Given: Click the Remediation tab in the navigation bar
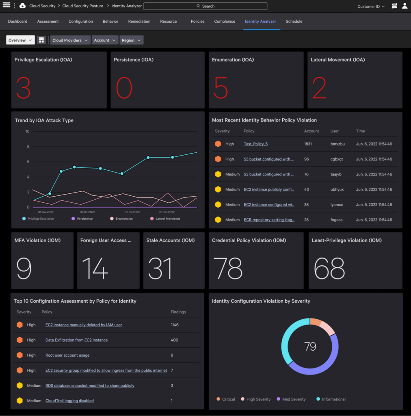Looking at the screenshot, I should coord(139,22).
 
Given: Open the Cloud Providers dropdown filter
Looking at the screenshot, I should coord(69,40).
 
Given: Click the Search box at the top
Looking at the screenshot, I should coord(205,6).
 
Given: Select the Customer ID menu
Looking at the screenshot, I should coord(371,6).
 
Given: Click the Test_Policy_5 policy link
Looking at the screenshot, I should coord(255,144).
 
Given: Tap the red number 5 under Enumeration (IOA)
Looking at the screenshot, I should coord(221,88).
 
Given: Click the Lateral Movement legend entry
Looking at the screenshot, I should coord(165,219).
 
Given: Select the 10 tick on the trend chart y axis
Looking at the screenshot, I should coord(27,131).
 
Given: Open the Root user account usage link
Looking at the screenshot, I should coord(67,355).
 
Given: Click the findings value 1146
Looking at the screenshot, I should coord(175,325).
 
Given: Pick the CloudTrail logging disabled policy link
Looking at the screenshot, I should coord(69,401).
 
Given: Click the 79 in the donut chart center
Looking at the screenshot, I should coord(310,346).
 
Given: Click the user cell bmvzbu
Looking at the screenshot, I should coord(337,144).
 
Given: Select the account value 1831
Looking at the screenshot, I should coord(308,144).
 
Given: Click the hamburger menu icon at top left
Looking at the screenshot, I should coord(6,6).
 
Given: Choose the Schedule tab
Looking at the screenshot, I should coord(294,22).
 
